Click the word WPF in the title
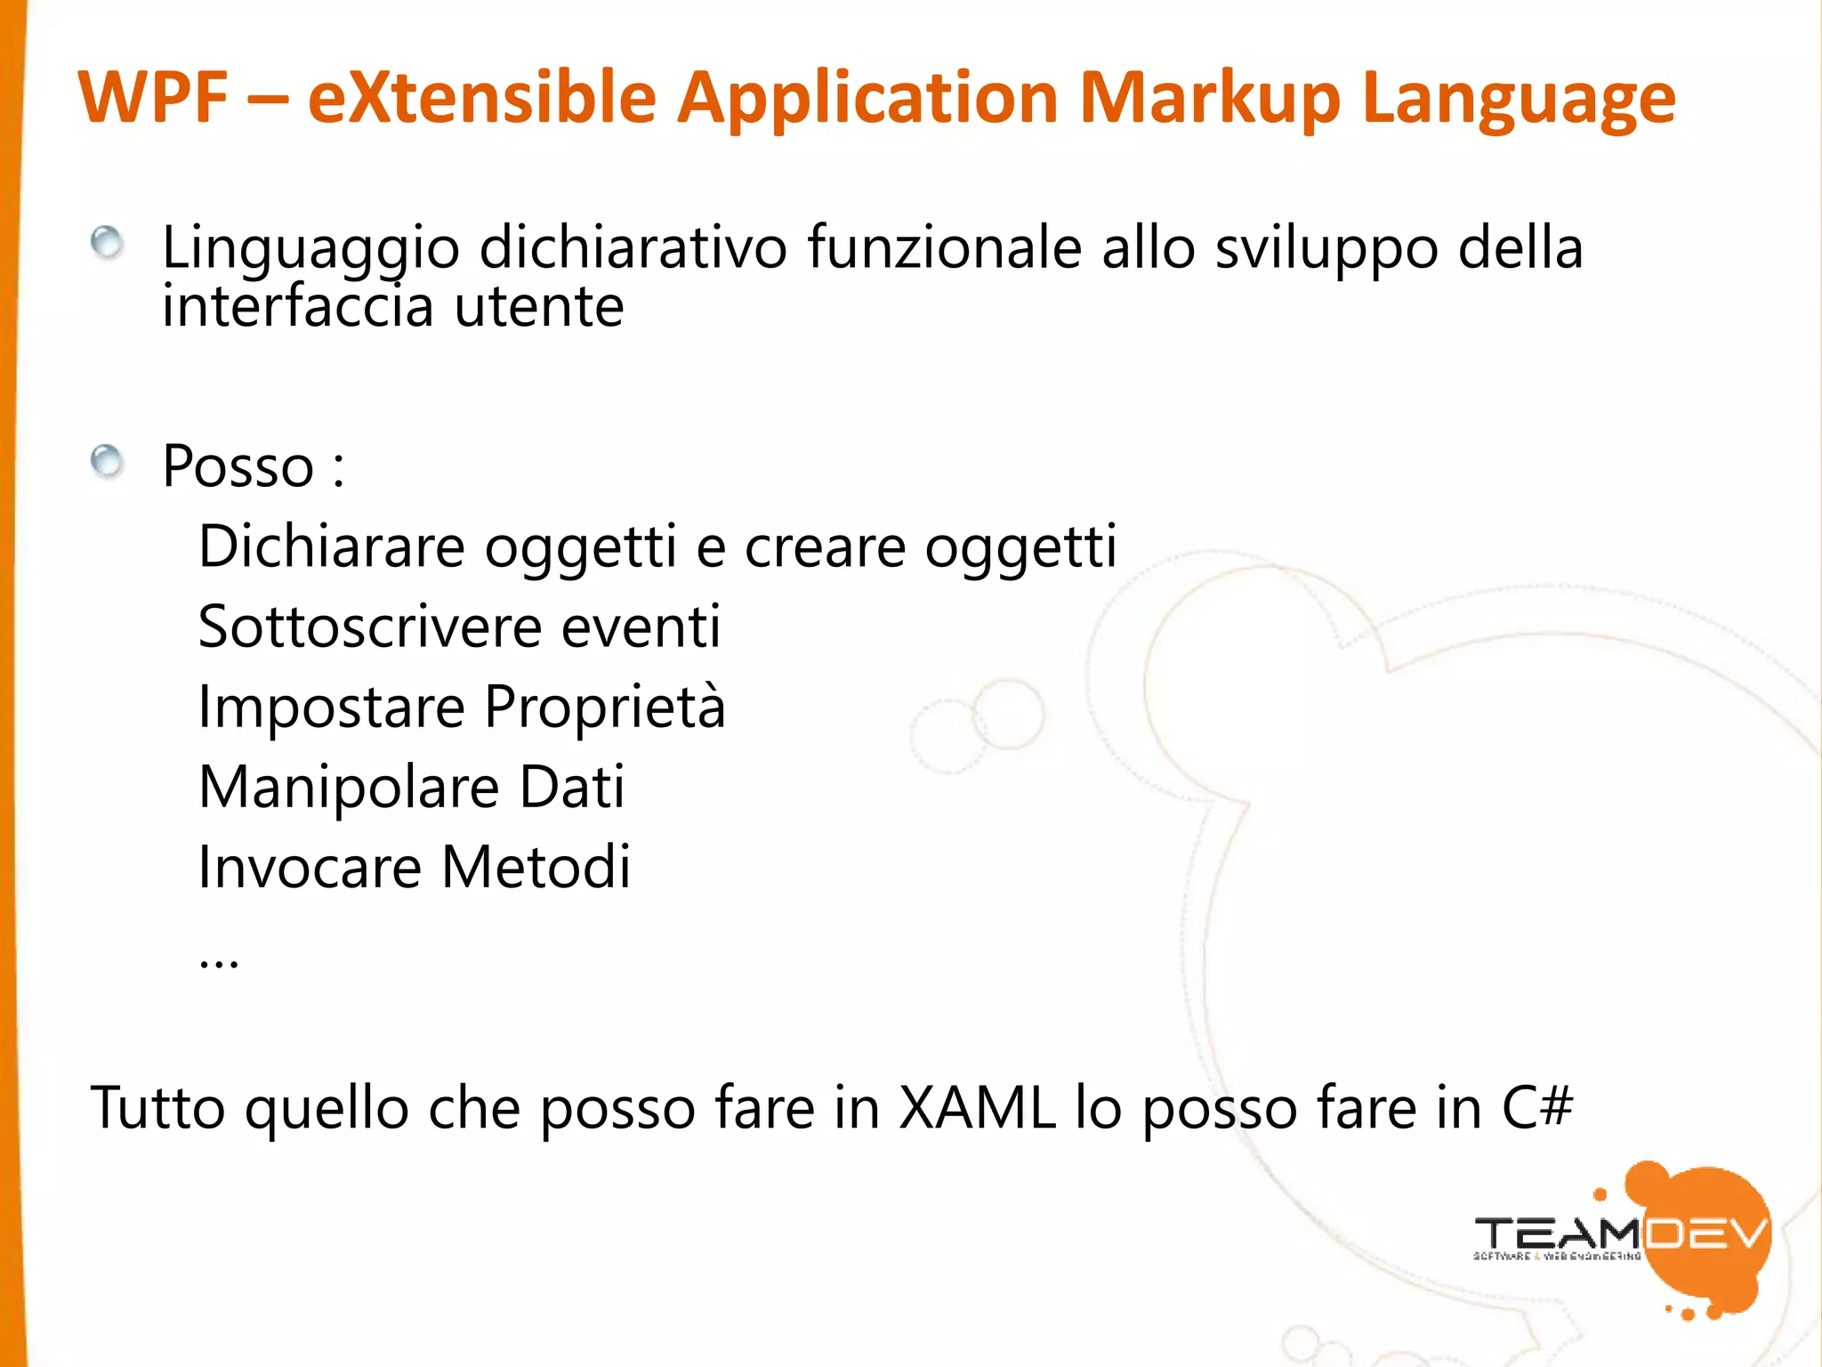click(x=153, y=97)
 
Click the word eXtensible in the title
click(x=481, y=97)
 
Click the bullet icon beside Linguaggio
click(x=108, y=243)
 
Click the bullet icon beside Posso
click(x=108, y=462)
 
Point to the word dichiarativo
click(x=633, y=247)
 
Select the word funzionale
click(x=944, y=247)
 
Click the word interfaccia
click(x=298, y=306)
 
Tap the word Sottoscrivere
click(x=369, y=627)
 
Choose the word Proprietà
click(x=605, y=708)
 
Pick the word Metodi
click(x=536, y=868)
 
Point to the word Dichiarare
click(x=331, y=546)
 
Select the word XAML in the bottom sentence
click(x=977, y=1109)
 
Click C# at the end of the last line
click(x=1536, y=1109)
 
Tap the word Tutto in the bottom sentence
click(x=158, y=1109)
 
